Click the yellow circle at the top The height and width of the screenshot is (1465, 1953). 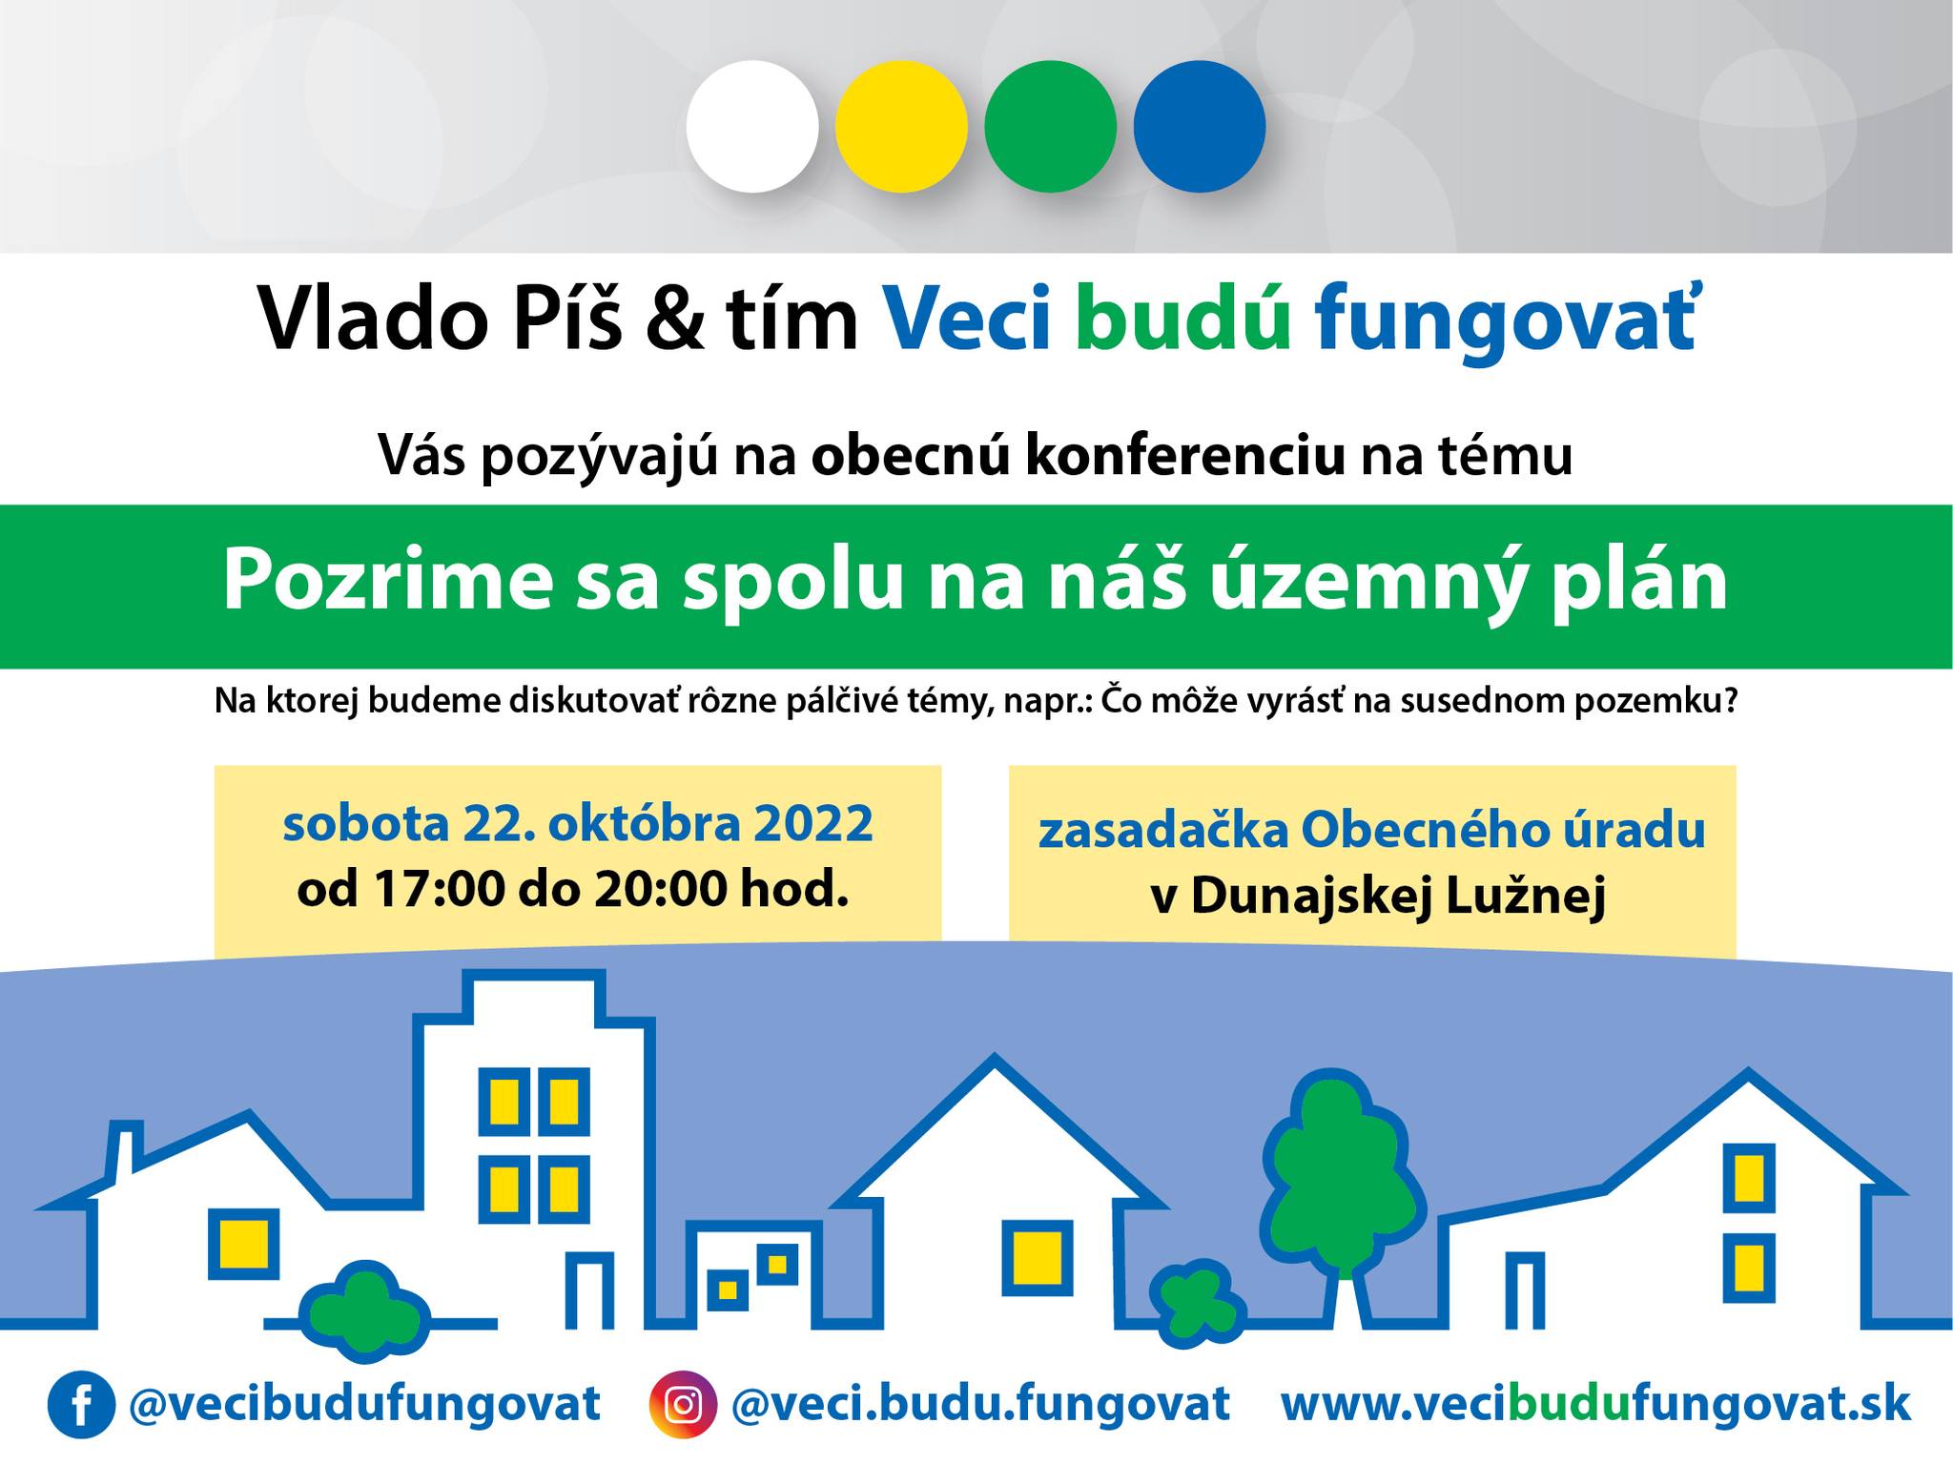[901, 127]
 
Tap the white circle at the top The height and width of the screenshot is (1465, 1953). [752, 127]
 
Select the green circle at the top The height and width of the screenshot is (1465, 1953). [1050, 127]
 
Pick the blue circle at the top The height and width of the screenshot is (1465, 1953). [1200, 127]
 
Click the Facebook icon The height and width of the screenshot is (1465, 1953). [81, 1405]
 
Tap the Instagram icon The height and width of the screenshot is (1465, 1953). [683, 1405]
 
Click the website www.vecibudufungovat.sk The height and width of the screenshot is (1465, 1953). [1595, 1404]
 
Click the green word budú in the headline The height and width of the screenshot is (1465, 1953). [1183, 318]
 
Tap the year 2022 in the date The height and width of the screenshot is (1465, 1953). [813, 824]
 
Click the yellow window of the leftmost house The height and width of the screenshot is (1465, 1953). [244, 1244]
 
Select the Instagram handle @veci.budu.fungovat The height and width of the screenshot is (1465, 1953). [980, 1405]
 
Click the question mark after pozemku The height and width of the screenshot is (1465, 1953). [1727, 701]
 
